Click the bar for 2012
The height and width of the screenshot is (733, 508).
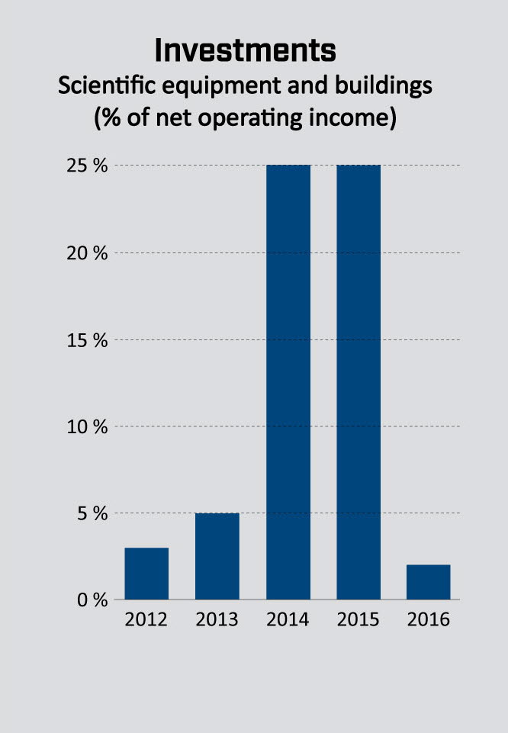[x=146, y=574]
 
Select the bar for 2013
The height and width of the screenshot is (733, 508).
[x=217, y=556]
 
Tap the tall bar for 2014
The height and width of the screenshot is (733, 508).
[x=288, y=381]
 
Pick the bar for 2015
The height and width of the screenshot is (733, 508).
[x=358, y=381]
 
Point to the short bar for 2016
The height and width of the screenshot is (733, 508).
[x=429, y=582]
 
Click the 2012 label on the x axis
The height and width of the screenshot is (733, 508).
[x=146, y=619]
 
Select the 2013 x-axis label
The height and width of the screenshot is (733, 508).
[x=217, y=619]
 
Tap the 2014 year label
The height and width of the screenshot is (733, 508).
[x=288, y=619]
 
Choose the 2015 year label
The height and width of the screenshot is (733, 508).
[x=358, y=619]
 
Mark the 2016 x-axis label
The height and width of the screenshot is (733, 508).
[x=429, y=619]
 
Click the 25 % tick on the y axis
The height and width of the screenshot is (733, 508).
[x=87, y=166]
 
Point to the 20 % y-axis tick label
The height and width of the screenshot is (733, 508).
[x=87, y=253]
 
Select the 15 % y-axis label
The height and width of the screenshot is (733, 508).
[x=87, y=340]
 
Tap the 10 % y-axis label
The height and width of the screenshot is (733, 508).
[x=87, y=427]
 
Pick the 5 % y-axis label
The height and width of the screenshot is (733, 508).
[x=92, y=513]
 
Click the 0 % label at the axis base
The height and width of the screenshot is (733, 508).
[x=92, y=600]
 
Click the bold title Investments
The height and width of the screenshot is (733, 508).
[x=245, y=51]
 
